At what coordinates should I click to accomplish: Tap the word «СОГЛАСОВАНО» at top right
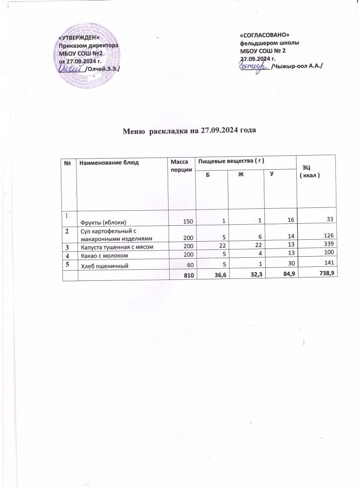[264, 35]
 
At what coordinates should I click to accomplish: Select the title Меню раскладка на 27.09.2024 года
[188, 131]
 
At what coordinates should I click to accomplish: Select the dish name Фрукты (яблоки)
[103, 222]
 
